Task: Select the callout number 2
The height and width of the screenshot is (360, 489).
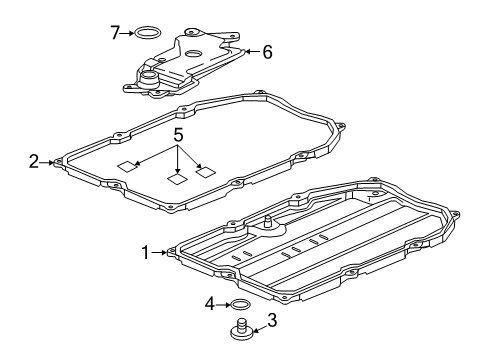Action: pyautogui.click(x=34, y=160)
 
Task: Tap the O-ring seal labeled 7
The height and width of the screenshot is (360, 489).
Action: pyautogui.click(x=148, y=33)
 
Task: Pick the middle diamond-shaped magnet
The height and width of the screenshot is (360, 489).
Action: pyautogui.click(x=177, y=179)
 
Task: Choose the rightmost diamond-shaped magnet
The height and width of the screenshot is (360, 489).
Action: pyautogui.click(x=206, y=171)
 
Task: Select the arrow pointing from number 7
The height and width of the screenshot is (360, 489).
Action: pyautogui.click(x=128, y=33)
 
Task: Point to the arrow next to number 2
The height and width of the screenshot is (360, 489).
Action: pyautogui.click(x=47, y=160)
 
